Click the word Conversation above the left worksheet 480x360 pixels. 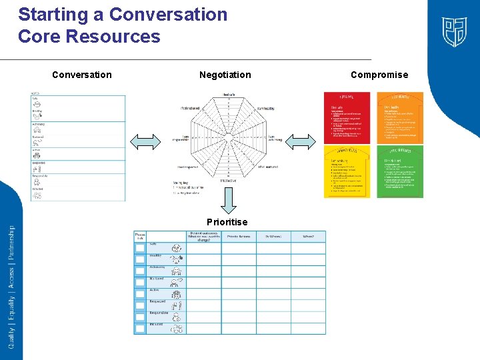82,75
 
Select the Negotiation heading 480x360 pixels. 225,75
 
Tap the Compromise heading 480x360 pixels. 379,75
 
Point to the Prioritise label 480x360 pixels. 227,222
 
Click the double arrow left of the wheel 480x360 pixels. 146,140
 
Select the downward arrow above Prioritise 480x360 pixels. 228,199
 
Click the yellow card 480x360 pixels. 347,172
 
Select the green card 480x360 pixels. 401,172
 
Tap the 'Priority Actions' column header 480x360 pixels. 239,237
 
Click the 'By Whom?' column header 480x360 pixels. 273,237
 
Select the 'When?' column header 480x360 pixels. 308,237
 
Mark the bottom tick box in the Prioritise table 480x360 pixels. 140,328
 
